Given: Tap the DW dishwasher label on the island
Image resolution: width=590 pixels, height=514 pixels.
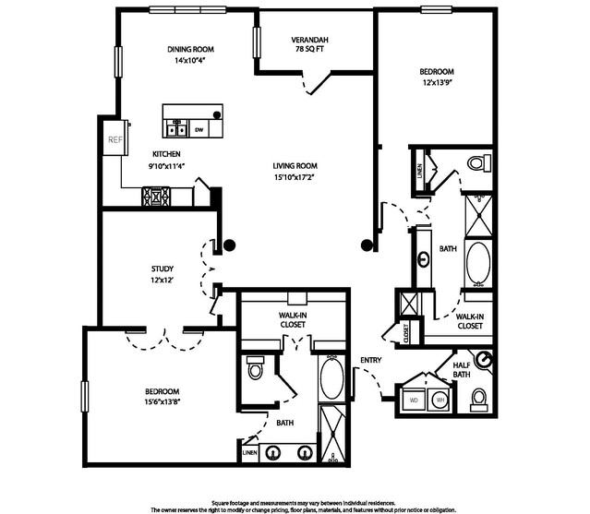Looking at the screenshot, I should point(199,130).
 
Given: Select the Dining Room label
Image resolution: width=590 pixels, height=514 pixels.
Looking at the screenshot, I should point(190,49).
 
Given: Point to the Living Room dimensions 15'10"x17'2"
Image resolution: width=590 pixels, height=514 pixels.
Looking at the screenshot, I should point(295,176).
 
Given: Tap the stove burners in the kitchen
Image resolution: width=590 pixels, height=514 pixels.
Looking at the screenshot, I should point(154,196).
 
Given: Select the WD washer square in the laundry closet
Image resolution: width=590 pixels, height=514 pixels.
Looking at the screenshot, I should point(413,400).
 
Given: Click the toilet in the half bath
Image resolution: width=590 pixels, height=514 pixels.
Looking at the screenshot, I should point(479,399).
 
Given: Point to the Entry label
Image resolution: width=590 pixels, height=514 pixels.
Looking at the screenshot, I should point(371,361).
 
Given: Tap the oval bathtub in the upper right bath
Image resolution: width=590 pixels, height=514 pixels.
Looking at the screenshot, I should point(479,263).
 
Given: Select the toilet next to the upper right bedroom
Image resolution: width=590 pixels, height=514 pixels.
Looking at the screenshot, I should point(476,164).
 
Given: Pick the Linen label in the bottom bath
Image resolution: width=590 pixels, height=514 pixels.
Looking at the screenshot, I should point(249,454).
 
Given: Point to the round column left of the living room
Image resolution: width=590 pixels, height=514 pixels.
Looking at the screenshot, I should point(229,245).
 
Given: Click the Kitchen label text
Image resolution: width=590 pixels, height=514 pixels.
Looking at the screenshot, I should point(166,154).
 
